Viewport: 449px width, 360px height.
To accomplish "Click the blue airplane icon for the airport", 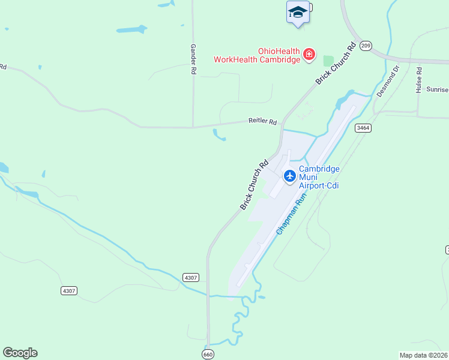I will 290,176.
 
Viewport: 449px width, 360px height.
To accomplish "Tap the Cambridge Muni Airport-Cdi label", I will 319,177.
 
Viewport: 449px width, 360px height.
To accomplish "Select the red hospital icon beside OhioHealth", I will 309,55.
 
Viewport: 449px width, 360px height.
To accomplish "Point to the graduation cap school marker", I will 298,13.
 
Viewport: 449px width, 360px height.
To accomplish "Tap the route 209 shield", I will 367,46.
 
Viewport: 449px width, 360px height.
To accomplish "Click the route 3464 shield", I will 363,128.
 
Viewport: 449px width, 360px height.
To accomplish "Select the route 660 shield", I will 208,353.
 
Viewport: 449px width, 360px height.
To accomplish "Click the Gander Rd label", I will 193,58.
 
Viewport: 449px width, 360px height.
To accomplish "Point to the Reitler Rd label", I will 263,121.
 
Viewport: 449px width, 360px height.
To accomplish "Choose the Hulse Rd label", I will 419,79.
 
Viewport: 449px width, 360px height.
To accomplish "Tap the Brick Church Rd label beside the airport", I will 254,185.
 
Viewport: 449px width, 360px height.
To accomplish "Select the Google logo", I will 20,353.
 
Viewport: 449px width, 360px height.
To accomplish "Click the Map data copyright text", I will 424,355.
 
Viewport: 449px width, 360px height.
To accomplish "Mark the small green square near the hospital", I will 328,61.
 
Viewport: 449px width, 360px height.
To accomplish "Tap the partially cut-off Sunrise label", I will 437,89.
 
